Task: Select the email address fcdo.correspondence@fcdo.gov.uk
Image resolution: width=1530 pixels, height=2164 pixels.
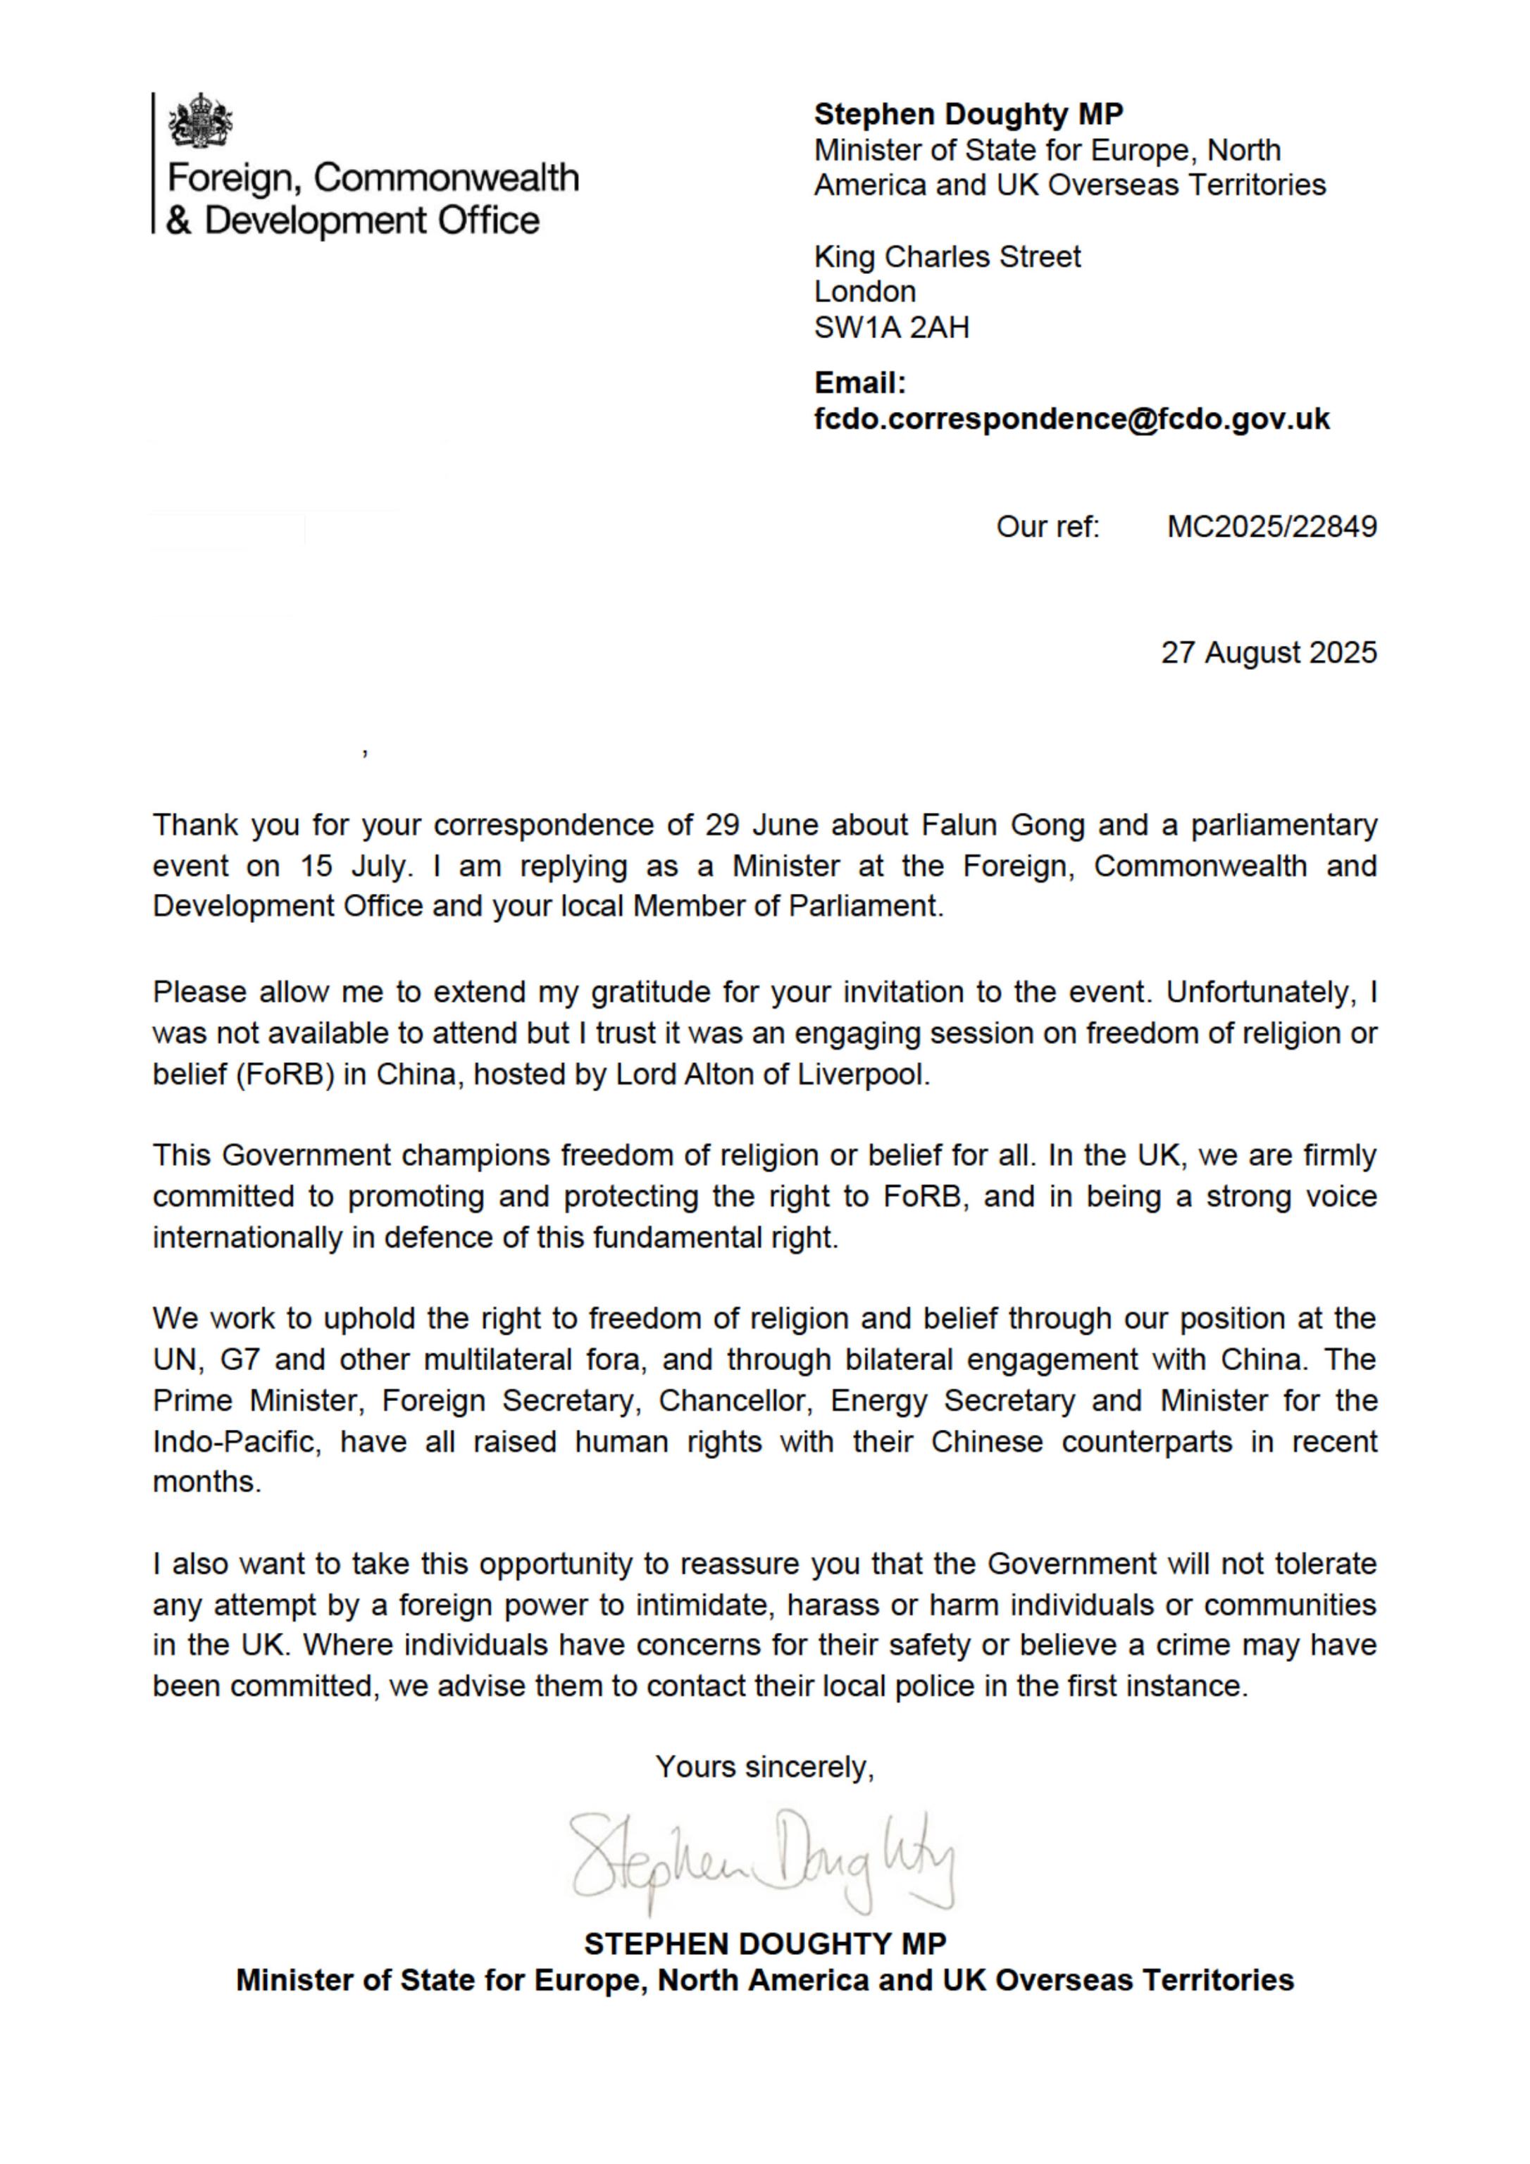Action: coord(1072,419)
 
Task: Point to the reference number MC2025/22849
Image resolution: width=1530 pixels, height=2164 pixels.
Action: coord(1271,526)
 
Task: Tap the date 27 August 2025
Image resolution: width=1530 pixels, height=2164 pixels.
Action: coord(1268,652)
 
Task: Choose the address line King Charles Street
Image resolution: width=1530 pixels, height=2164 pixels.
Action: coord(947,256)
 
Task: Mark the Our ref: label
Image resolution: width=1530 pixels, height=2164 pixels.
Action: coord(1047,526)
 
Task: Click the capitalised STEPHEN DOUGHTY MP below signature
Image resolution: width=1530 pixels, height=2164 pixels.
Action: coord(764,1944)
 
